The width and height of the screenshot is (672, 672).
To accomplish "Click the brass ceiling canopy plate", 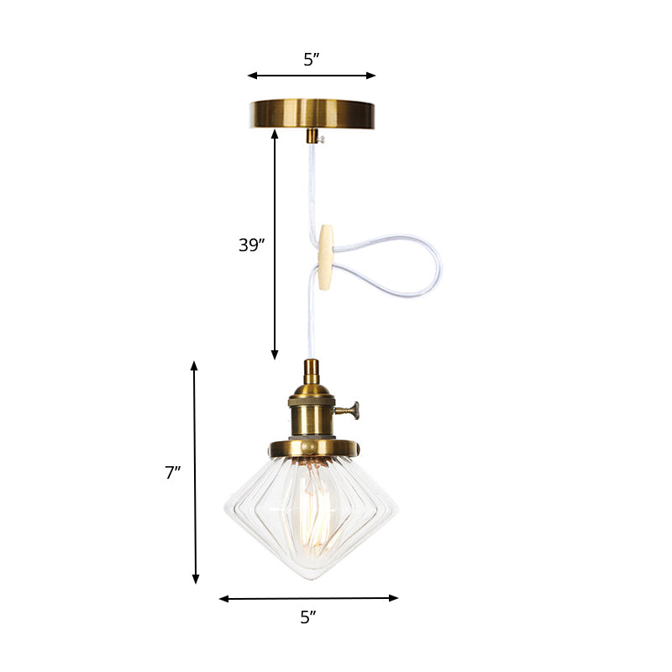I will click(312, 113).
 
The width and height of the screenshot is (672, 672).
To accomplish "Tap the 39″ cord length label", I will click(251, 245).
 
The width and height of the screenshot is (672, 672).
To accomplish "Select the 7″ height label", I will click(173, 473).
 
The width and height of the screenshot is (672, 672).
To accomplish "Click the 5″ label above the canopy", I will click(312, 59).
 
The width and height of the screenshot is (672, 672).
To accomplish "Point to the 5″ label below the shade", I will click(308, 617).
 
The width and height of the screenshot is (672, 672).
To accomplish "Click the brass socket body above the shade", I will click(311, 412).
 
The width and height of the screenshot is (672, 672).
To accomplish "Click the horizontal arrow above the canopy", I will click(312, 76).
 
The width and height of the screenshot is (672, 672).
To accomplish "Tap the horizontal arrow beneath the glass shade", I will click(308, 598).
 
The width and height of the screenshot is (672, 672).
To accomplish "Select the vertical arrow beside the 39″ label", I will click(275, 244).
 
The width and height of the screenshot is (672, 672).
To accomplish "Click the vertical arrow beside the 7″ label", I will click(195, 472).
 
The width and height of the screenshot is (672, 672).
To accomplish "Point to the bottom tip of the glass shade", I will click(311, 578).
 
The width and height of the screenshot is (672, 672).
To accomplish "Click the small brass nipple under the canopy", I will click(312, 136).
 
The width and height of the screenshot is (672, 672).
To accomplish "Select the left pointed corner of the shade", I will click(226, 508).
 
